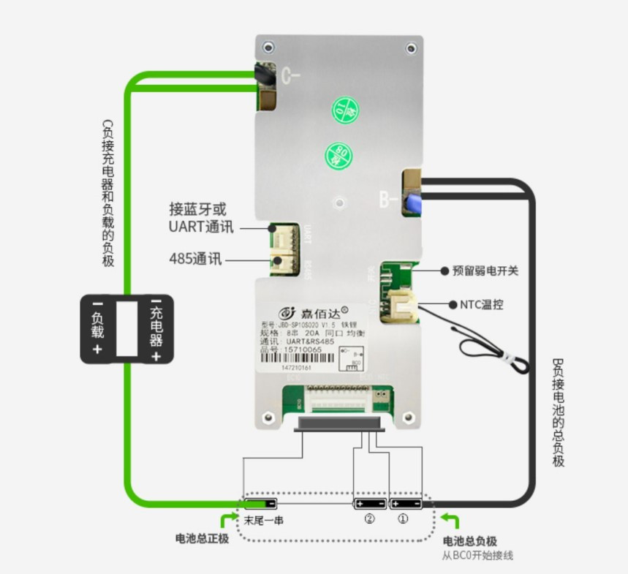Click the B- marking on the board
tap(388, 199)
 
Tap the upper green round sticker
tap(346, 110)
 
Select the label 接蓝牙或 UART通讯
tap(202, 218)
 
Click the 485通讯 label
tap(195, 260)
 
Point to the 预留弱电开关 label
tap(485, 271)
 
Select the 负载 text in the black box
tap(97, 328)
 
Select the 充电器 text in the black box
tap(156, 328)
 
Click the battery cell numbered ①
tap(406, 504)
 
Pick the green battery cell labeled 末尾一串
tap(260, 504)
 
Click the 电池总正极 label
tap(203, 539)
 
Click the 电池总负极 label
tap(470, 541)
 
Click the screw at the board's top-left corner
tap(269, 48)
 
